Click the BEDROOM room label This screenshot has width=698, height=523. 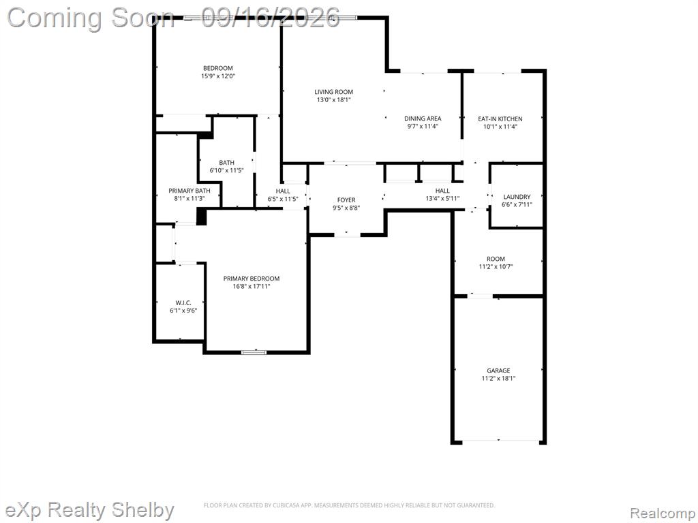click(218, 68)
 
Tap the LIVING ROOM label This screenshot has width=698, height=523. click(334, 92)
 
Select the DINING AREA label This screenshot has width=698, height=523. click(423, 118)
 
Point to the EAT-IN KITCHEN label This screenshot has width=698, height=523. click(500, 118)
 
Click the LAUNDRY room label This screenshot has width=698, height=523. click(517, 197)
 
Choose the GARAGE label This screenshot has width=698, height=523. click(498, 370)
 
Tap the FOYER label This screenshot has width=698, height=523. click(346, 200)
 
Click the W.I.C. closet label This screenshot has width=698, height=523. click(183, 302)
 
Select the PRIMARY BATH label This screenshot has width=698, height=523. click(189, 191)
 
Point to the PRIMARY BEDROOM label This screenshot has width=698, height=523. click(252, 279)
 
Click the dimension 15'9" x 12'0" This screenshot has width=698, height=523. click(218, 76)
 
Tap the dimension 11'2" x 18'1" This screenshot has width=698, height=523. click(498, 379)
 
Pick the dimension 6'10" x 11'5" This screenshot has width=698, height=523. click(226, 170)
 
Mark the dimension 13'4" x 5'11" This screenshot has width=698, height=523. click(442, 198)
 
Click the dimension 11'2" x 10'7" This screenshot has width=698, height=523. click(496, 267)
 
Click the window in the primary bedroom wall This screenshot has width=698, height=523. click(254, 352)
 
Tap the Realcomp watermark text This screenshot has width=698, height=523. click(663, 513)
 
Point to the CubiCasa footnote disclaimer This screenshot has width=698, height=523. click(350, 505)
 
